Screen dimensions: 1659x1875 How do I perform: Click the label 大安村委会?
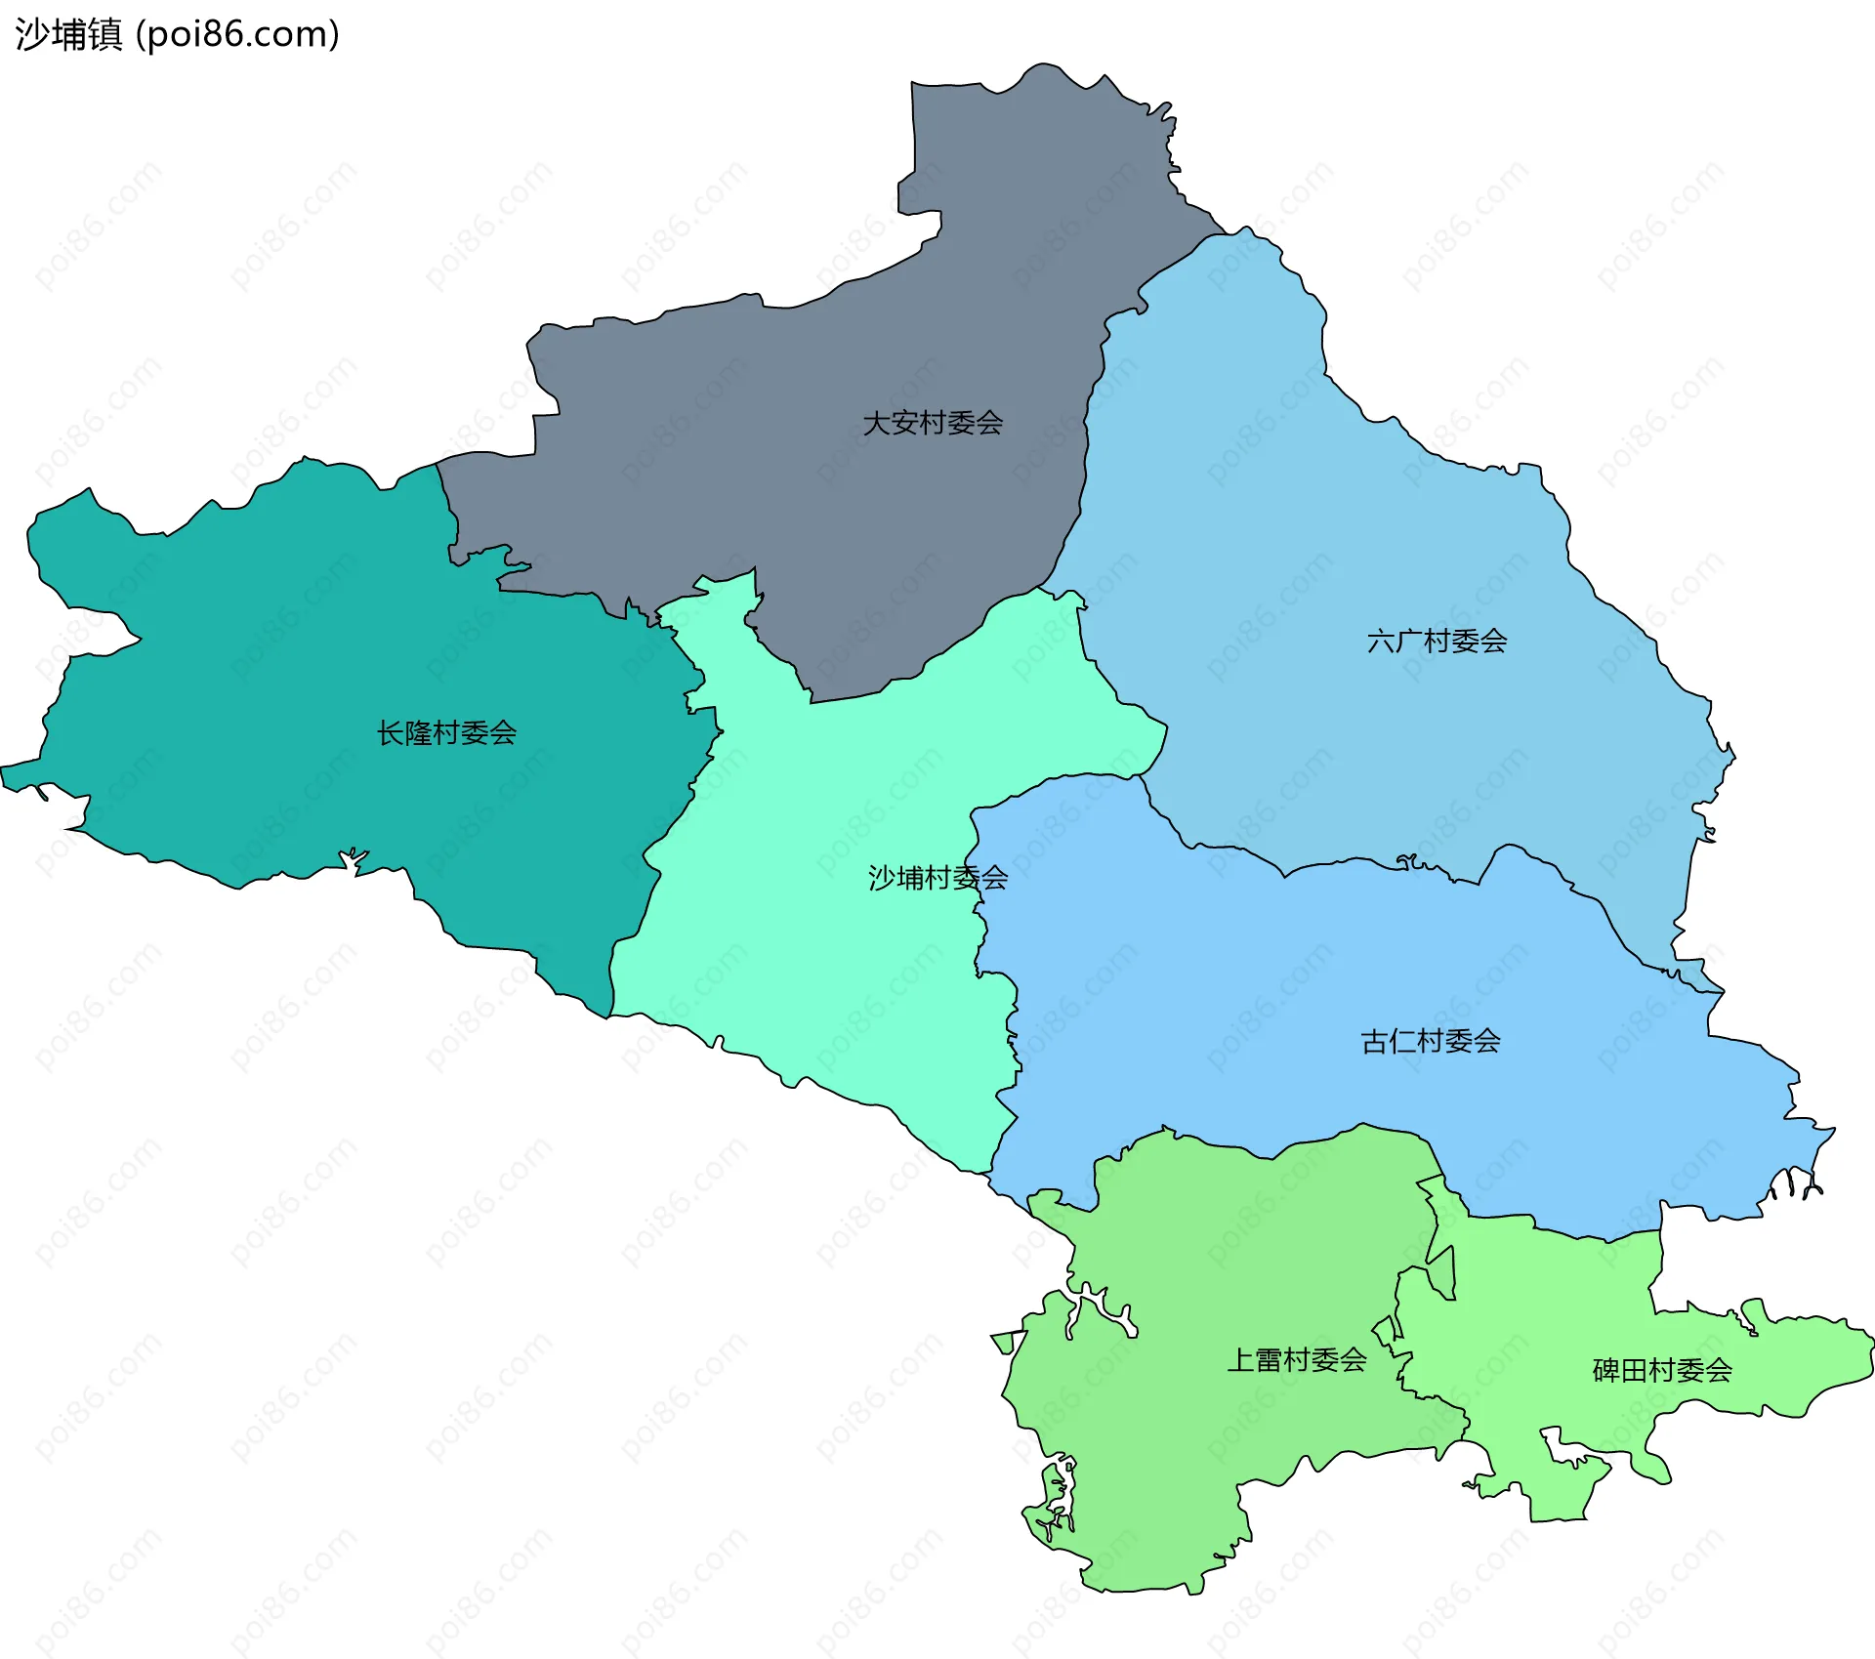click(933, 423)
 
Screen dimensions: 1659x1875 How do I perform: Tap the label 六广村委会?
click(1437, 642)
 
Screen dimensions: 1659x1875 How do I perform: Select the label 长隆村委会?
click(446, 732)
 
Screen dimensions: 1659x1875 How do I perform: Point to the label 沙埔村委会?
click(937, 878)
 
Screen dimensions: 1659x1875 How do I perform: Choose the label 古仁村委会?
click(1431, 1041)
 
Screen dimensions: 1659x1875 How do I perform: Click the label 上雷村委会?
click(1297, 1360)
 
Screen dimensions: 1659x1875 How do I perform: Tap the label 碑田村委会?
click(1662, 1371)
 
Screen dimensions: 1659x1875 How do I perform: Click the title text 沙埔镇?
click(68, 34)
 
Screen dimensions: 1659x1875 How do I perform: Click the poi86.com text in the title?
click(237, 34)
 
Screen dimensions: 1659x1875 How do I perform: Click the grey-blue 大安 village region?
click(781, 469)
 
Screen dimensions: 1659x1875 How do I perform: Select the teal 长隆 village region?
click(293, 684)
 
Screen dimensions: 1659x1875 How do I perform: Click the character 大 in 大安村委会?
click(877, 423)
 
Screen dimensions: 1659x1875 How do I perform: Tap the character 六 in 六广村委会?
click(1381, 642)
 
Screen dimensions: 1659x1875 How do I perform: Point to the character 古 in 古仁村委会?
click(1375, 1041)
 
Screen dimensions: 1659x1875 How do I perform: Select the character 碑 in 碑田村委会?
click(1606, 1371)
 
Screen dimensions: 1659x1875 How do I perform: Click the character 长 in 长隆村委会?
click(391, 732)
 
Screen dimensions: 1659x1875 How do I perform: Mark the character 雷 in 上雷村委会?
click(1269, 1360)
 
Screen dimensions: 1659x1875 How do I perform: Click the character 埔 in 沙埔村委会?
click(910, 878)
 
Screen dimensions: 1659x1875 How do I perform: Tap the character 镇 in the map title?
click(104, 34)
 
